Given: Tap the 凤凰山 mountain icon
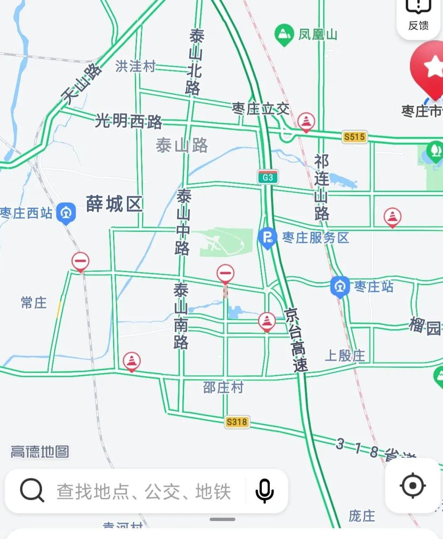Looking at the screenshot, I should point(284,34).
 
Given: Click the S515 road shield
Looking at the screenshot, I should point(354,136).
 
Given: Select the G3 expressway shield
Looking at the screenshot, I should point(268,177).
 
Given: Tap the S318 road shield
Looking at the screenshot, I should point(237,421).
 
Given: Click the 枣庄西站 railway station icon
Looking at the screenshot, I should point(66,213).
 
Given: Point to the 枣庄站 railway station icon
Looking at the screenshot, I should point(340,287).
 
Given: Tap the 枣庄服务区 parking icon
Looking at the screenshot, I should point(267,238).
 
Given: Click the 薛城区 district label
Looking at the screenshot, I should point(114,204).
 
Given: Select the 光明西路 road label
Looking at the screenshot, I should point(128,121).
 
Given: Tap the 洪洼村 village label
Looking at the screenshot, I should point(135,66).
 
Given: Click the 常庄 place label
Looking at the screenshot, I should point(34,302).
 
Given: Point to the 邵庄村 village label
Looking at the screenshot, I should point(223,387).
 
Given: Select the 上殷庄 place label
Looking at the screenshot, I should point(345,356).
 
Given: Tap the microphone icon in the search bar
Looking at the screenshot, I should point(264,491).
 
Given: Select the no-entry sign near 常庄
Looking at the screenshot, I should point(80,262).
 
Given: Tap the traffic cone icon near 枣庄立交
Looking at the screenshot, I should point(306,122).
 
